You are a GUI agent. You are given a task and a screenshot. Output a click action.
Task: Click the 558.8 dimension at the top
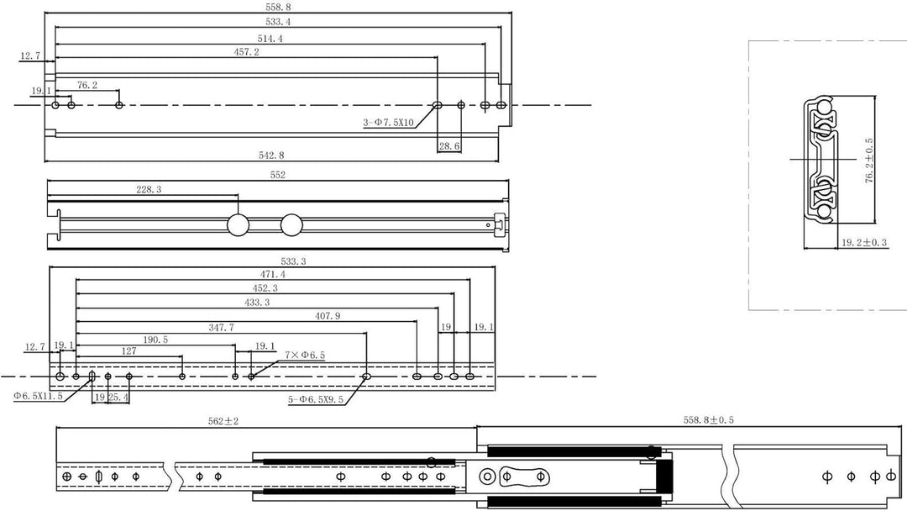tap(278, 7)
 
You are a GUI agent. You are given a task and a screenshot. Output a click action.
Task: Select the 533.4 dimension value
tap(278, 22)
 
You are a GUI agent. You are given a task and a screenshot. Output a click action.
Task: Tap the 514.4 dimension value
tap(270, 39)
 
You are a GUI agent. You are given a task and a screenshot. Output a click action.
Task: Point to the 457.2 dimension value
tap(246, 52)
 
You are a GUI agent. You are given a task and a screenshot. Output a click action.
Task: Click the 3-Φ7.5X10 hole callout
tap(388, 123)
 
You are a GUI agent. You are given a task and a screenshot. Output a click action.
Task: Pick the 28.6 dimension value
tap(448, 146)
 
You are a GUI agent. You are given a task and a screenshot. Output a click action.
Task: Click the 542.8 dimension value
tap(270, 155)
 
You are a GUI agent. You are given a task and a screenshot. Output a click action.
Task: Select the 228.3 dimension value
tap(149, 189)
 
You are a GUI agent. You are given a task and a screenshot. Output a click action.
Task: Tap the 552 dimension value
tap(278, 175)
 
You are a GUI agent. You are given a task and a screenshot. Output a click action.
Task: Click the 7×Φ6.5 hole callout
tap(305, 355)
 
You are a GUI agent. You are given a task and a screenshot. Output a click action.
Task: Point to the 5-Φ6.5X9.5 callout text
tap(316, 399)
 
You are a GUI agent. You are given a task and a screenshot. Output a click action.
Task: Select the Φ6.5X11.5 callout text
tap(38, 396)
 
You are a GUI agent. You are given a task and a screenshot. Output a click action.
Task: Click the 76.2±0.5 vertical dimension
tap(869, 161)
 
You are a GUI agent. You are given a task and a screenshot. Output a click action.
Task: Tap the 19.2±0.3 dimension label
tap(863, 243)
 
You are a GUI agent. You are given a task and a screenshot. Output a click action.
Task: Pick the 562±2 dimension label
tap(223, 421)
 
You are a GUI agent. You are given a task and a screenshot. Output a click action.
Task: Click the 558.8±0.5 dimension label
tap(709, 420)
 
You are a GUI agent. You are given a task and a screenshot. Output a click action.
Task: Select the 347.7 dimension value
tap(221, 328)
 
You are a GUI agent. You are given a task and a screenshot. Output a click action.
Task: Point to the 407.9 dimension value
tap(328, 316)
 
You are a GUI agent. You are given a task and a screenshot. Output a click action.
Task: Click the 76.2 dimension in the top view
tap(87, 85)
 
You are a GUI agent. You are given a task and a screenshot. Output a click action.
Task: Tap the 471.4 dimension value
tap(272, 274)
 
